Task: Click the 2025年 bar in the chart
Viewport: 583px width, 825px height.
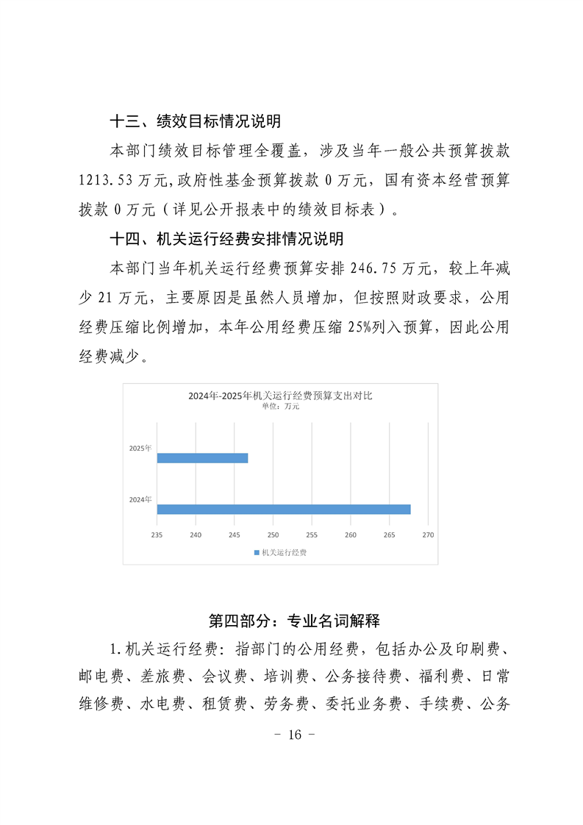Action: (202, 458)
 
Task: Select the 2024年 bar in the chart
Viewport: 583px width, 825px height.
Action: (284, 509)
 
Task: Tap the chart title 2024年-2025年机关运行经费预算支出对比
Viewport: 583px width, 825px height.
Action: (280, 396)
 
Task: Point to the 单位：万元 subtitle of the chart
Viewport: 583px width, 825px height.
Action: (280, 406)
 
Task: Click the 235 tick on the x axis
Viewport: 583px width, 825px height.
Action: (157, 535)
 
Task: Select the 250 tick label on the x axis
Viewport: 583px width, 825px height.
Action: (273, 535)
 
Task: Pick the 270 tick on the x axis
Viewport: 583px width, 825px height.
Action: (429, 535)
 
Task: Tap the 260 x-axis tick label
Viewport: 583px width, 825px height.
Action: (351, 535)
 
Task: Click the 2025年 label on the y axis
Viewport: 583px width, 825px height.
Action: (140, 448)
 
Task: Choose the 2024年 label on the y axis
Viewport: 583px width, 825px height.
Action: (140, 499)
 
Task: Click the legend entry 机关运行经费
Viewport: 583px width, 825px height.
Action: (280, 552)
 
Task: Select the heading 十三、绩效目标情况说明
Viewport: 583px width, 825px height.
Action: (195, 121)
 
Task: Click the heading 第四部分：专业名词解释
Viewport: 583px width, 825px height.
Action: (294, 621)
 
